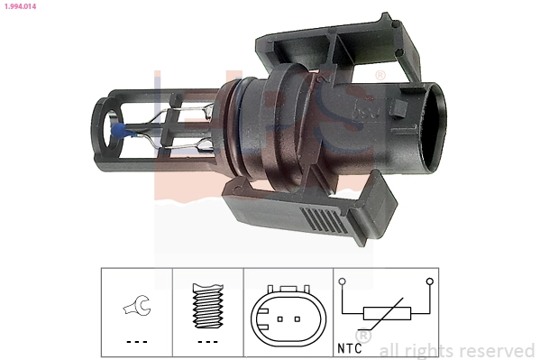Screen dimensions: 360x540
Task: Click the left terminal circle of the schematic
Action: [343, 282]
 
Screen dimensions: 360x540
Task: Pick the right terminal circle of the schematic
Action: [430, 282]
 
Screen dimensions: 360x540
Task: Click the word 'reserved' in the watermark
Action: [496, 350]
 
